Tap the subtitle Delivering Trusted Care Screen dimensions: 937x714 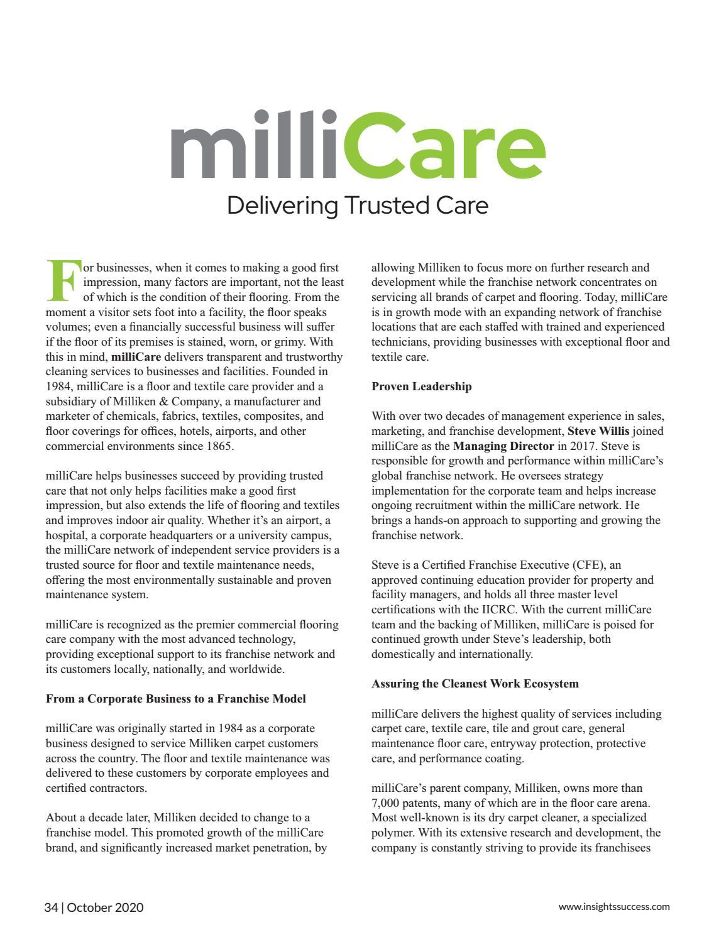coord(357,205)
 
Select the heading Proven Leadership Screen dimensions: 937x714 coord(421,386)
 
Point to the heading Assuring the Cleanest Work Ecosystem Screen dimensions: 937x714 coord(475,683)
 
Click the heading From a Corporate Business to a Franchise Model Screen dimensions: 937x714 coord(176,698)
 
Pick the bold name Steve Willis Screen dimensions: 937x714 coord(598,431)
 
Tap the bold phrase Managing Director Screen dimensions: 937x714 coord(503,446)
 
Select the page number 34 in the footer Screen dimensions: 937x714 coord(51,907)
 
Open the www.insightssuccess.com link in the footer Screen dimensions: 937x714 coord(614,907)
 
